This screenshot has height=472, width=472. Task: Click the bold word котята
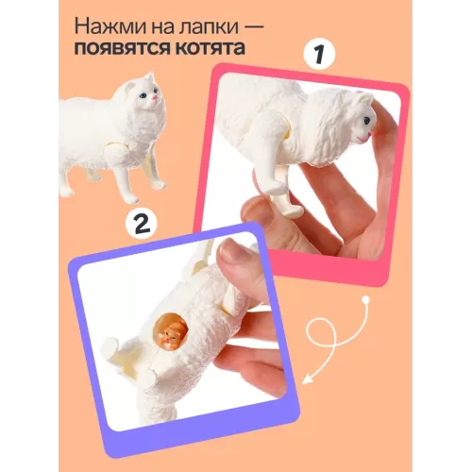209,48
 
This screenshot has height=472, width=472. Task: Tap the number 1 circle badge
319,54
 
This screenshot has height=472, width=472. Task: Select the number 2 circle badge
142,223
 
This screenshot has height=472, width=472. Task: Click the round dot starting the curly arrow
365,299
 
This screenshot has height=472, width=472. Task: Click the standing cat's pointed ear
151,77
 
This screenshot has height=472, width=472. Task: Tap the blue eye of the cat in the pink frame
367,120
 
